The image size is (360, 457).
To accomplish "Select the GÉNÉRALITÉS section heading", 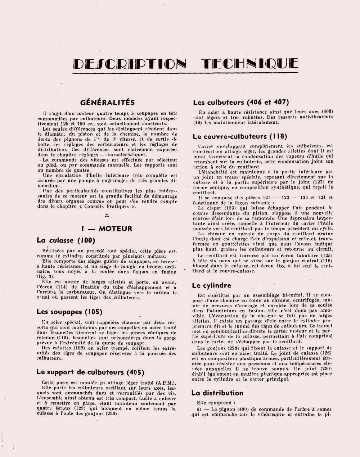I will point(107,103).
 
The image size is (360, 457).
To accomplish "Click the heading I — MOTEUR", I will point(107,228).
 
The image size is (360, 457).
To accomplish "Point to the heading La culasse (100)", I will point(66,240).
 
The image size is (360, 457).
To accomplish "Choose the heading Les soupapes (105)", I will point(69,312).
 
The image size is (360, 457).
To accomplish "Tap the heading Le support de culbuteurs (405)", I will point(90,372).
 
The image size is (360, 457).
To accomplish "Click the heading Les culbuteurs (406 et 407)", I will point(241,103).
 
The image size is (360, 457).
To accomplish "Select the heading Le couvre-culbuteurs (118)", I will point(240,136).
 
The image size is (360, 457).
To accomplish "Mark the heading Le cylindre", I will point(212,286).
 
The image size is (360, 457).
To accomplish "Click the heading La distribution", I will point(217,393).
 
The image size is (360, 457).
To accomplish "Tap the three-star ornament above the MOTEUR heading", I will point(107,216).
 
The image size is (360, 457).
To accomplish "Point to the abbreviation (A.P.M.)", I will point(166,382).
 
